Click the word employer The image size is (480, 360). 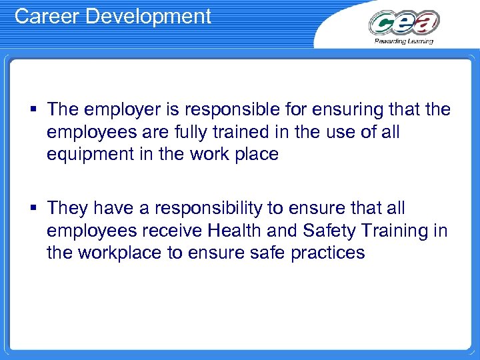tap(118, 109)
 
